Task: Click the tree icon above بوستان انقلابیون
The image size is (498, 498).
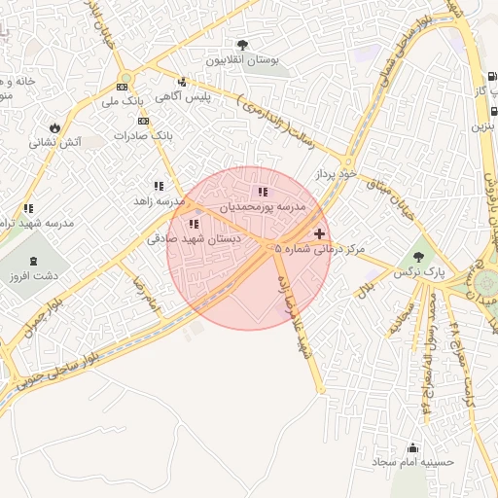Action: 242,45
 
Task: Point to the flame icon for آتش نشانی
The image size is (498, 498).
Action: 54,126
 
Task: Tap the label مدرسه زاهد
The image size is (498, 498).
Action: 160,200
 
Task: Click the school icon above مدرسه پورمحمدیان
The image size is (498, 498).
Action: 263,192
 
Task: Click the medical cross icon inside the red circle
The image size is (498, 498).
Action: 320,234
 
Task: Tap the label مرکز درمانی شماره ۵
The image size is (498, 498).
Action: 320,250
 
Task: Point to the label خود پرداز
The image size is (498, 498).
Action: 336,173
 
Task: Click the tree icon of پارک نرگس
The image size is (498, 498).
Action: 418,258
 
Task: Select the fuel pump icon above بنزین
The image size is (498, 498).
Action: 491,109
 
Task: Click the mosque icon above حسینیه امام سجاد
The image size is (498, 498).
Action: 412,448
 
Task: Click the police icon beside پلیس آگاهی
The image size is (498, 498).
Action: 182,82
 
